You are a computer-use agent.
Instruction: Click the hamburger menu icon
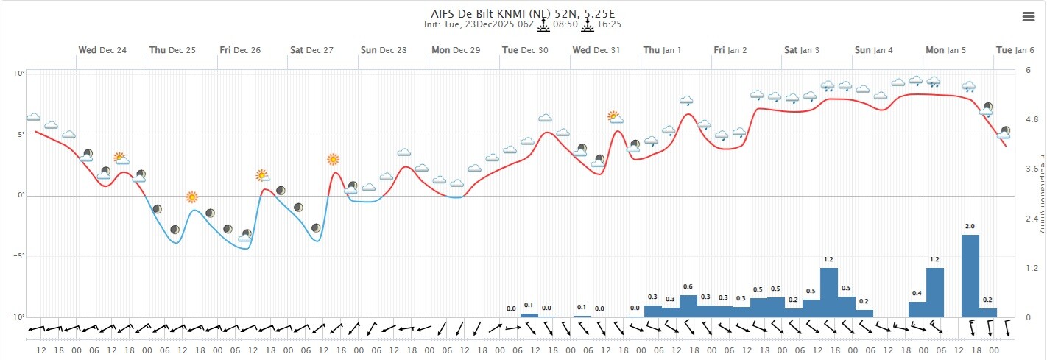click(1029, 16)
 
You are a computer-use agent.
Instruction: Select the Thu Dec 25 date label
click(172, 50)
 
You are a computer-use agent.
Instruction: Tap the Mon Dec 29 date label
click(456, 50)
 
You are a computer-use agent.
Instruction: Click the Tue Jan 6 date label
click(1015, 50)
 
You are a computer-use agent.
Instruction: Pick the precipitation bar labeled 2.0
click(970, 276)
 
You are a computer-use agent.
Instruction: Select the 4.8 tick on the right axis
click(1032, 119)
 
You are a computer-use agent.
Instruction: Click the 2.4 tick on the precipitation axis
click(1032, 219)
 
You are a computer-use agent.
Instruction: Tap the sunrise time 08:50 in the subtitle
click(565, 24)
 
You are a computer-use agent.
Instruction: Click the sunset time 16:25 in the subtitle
click(610, 24)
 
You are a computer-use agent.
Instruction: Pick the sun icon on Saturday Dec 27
click(333, 159)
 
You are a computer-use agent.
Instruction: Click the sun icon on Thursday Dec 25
click(192, 197)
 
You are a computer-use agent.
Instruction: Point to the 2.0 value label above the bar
click(970, 226)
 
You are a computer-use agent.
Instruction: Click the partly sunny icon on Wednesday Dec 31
click(615, 117)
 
